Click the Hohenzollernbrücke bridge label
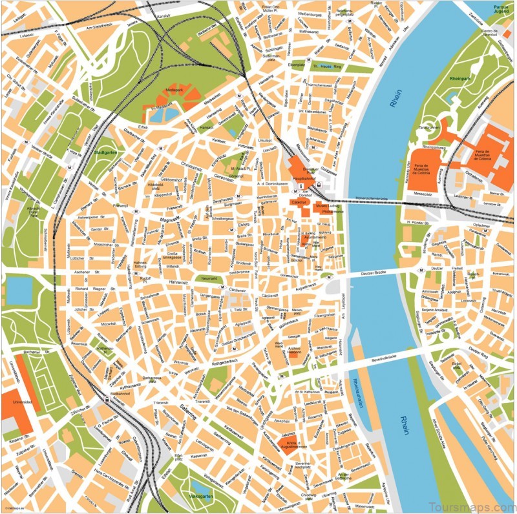[371, 198]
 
